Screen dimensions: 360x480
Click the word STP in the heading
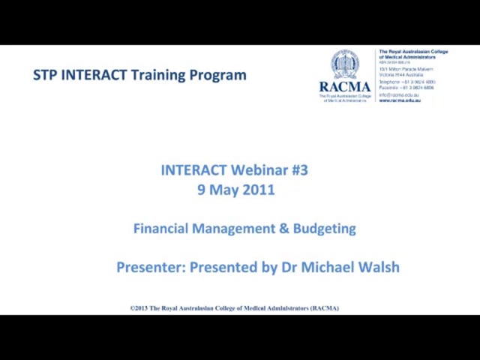click(46, 75)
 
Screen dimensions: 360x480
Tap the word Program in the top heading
click(219, 75)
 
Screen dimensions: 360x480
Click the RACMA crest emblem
click(345, 64)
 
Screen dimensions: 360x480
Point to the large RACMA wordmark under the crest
click(345, 86)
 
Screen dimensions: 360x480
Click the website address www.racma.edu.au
click(400, 100)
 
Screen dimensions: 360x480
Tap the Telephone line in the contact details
click(406, 81)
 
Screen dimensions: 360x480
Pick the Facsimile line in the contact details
click(406, 87)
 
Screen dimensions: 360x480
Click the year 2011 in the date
click(258, 190)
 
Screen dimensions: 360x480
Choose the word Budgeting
click(324, 228)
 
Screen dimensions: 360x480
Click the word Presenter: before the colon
click(149, 267)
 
